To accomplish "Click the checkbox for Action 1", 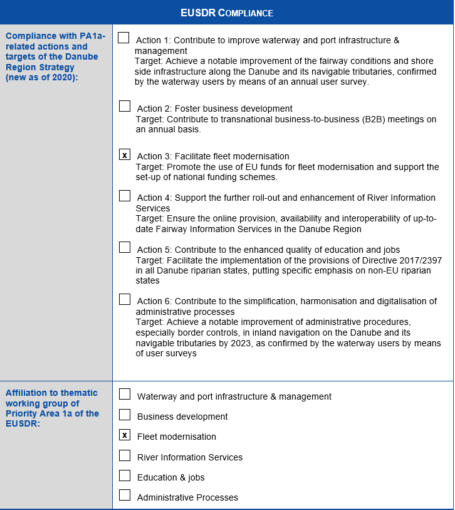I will coord(123,38).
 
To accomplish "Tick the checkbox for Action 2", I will coord(125,106).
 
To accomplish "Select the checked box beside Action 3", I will coord(125,154).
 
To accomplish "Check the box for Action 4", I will coord(125,196).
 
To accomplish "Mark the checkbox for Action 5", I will coord(125,247).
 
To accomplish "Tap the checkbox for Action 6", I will coord(125,299).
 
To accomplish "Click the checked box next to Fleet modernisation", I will coord(125,435).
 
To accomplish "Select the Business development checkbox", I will coord(125,415).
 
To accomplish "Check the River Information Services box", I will coord(125,455).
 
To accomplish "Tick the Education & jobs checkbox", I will coord(125,475).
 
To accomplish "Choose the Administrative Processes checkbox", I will coord(125,496).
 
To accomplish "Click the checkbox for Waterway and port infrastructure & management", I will coord(125,394).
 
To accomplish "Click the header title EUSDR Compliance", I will coord(227,13).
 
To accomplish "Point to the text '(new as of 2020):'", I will coord(41,77).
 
